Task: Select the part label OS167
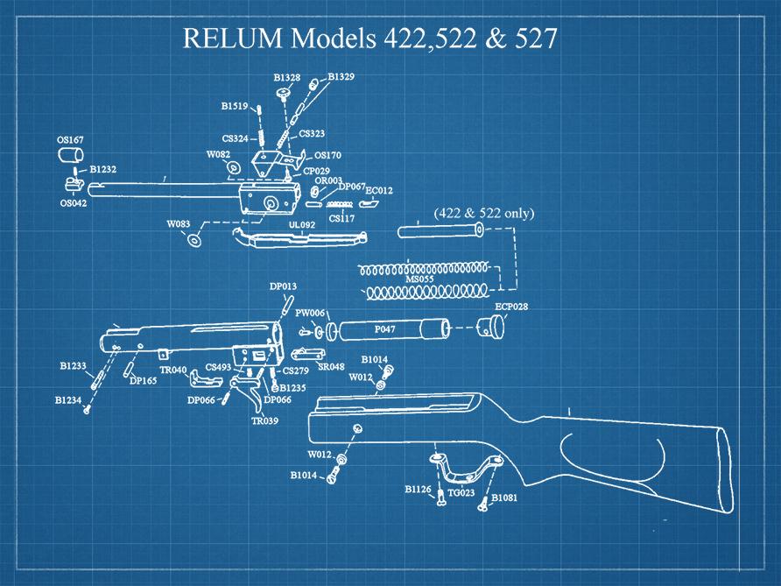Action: point(70,139)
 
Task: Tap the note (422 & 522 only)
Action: point(483,214)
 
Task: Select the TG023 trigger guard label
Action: point(461,493)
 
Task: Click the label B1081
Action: point(506,498)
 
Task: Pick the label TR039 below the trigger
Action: point(265,420)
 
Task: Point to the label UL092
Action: point(301,224)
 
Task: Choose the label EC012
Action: point(379,189)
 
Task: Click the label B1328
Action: point(286,78)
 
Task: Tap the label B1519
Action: point(234,106)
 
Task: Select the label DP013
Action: point(283,286)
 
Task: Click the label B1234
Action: point(68,399)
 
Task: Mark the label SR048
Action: point(330,367)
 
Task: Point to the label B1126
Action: point(418,489)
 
